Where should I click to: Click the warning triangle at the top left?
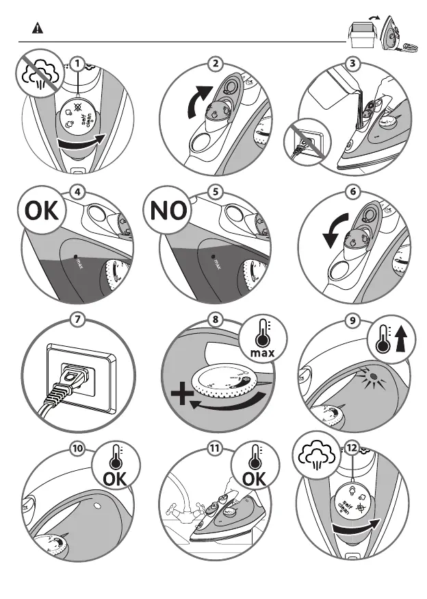tap(38, 28)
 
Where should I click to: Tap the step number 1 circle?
tap(77, 64)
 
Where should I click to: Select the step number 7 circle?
tap(77, 319)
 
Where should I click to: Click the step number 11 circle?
tap(215, 448)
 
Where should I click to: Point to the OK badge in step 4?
tap(42, 210)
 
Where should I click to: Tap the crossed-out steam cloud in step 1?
tap(40, 73)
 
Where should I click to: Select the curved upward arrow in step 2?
tap(198, 100)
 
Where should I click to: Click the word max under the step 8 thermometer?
tap(263, 352)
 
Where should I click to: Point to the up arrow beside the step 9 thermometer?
tap(400, 340)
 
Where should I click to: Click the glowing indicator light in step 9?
tap(374, 377)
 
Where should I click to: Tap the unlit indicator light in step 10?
tap(96, 506)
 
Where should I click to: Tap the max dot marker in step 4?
tap(75, 256)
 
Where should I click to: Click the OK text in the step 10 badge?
tap(115, 478)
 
